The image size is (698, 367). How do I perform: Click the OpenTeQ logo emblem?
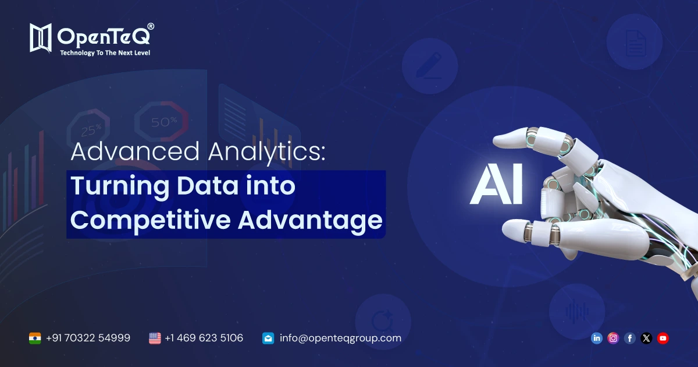pyautogui.click(x=41, y=38)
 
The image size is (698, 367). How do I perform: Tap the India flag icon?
pyautogui.click(x=35, y=338)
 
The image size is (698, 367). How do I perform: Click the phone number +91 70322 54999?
pyautogui.click(x=88, y=338)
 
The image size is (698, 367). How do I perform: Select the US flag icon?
pyautogui.click(x=155, y=338)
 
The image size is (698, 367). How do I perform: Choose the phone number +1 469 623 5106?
pyautogui.click(x=204, y=338)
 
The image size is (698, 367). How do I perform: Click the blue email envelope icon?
pyautogui.click(x=268, y=338)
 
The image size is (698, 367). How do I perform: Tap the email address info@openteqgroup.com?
pyautogui.click(x=340, y=338)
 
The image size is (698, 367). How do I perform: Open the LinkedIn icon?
pyautogui.click(x=596, y=338)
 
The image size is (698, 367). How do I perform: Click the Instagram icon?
pyautogui.click(x=613, y=338)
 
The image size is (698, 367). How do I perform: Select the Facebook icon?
pyautogui.click(x=629, y=338)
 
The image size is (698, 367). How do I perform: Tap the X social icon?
pyautogui.click(x=646, y=338)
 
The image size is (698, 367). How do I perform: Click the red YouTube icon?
pyautogui.click(x=663, y=338)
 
